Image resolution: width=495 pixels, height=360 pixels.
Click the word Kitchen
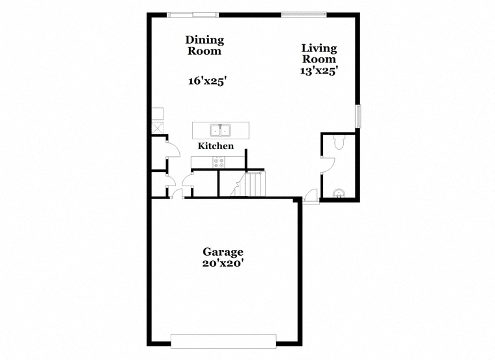(x=216, y=146)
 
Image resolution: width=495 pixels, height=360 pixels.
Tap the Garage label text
(x=223, y=252)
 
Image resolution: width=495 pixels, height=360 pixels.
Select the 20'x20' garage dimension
(x=223, y=263)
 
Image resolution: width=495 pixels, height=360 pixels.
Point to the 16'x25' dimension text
(x=208, y=81)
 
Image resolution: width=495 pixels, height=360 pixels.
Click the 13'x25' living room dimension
(x=318, y=71)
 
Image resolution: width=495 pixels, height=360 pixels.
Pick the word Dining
(x=205, y=40)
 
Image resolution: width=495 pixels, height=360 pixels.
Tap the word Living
(x=319, y=48)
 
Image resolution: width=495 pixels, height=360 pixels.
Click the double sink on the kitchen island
(x=220, y=130)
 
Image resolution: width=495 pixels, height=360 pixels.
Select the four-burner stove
(x=219, y=163)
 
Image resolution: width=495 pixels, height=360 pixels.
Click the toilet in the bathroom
(x=339, y=142)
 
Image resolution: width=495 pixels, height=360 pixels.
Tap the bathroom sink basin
(x=339, y=193)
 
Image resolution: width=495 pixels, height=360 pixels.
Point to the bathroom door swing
(x=328, y=165)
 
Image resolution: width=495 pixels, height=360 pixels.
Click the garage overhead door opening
(x=223, y=341)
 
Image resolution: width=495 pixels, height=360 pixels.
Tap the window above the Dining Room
(x=193, y=15)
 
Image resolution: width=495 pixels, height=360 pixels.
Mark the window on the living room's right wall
(x=358, y=117)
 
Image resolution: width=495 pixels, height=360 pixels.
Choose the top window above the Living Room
(x=304, y=14)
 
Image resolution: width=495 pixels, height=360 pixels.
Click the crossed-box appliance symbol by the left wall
(x=158, y=128)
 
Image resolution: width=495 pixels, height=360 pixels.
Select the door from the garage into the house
(x=177, y=194)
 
